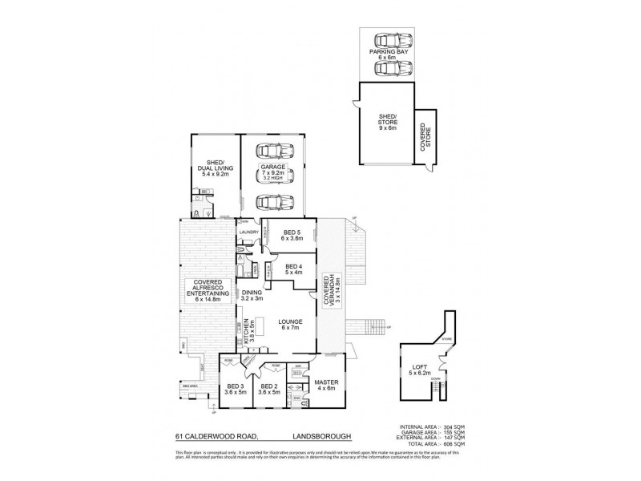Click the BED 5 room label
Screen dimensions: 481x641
tap(289, 235)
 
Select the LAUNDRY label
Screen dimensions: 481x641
tap(248, 232)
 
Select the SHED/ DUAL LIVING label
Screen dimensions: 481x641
tap(215, 168)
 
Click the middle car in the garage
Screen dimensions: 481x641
tap(272, 174)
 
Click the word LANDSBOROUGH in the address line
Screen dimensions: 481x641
tap(312, 438)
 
